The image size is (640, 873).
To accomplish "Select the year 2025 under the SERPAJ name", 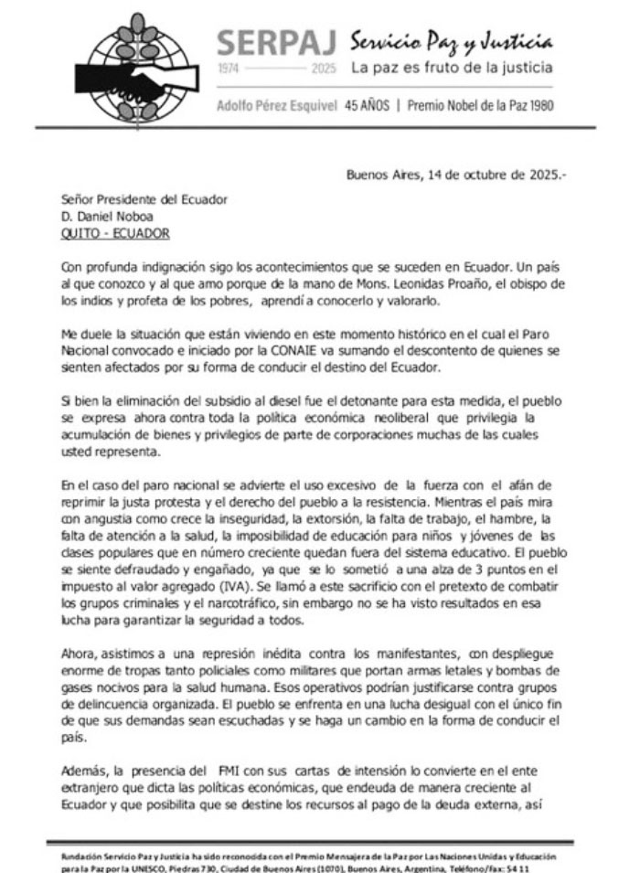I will [324, 69].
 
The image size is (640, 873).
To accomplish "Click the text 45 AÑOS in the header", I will [368, 104].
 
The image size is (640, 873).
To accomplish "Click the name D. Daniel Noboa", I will [101, 217].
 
